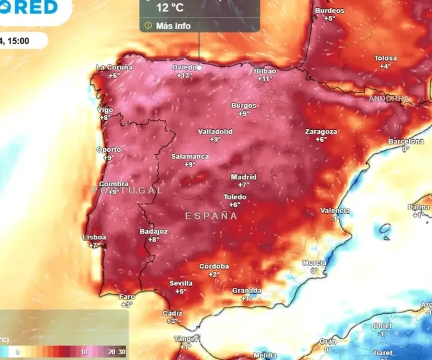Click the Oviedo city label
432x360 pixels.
click(x=184, y=67)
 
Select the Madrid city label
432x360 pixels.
click(x=244, y=177)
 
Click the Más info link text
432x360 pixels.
click(x=173, y=26)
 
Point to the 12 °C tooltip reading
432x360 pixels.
click(x=170, y=8)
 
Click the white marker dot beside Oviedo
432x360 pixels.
click(x=200, y=68)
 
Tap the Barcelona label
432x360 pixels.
click(x=406, y=141)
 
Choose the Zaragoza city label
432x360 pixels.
click(x=321, y=132)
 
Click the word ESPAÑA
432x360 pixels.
click(x=211, y=216)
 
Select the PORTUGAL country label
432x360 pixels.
click(x=127, y=190)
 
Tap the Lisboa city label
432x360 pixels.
click(x=94, y=237)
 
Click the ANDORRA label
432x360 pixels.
click(x=388, y=98)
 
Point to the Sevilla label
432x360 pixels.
click(x=181, y=283)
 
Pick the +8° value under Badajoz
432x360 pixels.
click(x=153, y=239)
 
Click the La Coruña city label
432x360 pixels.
click(x=114, y=67)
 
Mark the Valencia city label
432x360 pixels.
click(x=335, y=211)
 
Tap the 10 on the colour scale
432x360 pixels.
click(x=84, y=352)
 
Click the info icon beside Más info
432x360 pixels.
click(x=148, y=26)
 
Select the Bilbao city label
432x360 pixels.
click(x=265, y=71)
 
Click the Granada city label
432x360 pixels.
click(x=247, y=291)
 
